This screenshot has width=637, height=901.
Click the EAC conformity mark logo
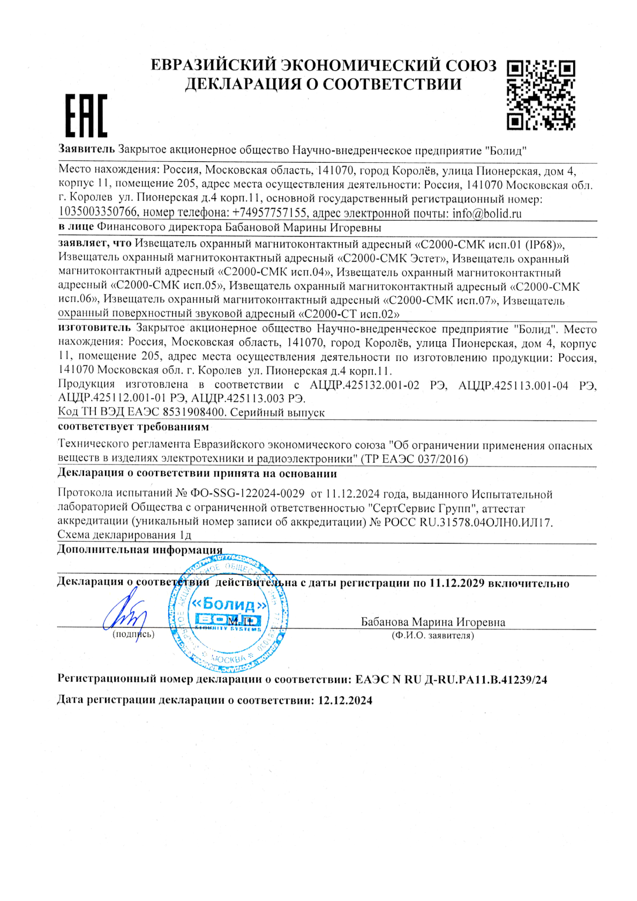(x=86, y=115)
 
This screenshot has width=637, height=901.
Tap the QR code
(x=541, y=95)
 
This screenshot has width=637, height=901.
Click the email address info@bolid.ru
(x=486, y=213)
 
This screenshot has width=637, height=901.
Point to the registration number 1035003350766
(x=98, y=213)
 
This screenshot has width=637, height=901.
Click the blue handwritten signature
(x=125, y=614)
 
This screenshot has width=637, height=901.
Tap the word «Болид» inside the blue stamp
(x=229, y=605)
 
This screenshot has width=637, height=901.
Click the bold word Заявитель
(x=86, y=149)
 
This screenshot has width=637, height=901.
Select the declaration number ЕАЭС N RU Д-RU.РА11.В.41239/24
(x=451, y=680)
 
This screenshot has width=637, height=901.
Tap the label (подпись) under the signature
(x=133, y=634)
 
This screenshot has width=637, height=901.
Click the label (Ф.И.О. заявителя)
(x=433, y=636)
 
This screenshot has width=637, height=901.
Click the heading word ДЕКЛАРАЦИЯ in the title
(x=242, y=84)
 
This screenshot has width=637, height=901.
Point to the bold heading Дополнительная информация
(x=139, y=550)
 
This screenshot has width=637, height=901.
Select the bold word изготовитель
(x=94, y=328)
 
